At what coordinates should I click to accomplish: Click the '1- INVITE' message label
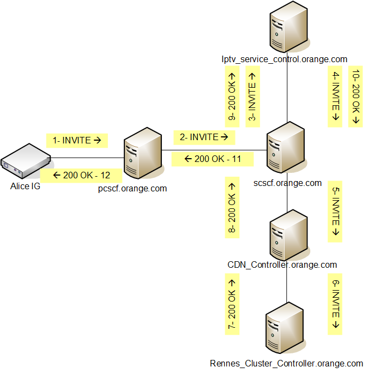(x=77, y=140)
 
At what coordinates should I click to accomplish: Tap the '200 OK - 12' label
(x=82, y=176)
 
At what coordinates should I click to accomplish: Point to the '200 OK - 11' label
(x=212, y=159)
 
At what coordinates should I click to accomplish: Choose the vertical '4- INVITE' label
(x=336, y=97)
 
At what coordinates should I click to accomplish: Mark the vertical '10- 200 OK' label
(x=356, y=97)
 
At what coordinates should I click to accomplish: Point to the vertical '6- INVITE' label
(x=336, y=305)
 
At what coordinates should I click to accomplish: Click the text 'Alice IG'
(x=25, y=186)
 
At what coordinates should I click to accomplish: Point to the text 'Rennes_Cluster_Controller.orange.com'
(x=286, y=363)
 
